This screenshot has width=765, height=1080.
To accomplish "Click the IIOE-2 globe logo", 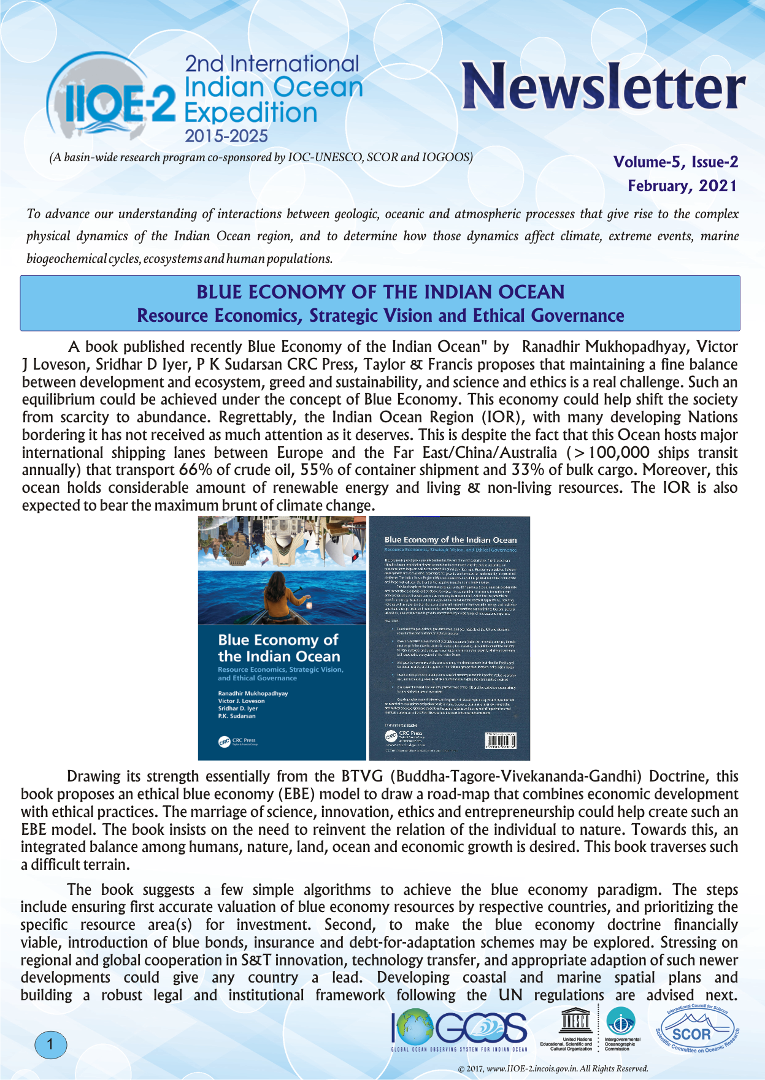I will (x=110, y=98).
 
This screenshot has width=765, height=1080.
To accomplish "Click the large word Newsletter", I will (x=603, y=87).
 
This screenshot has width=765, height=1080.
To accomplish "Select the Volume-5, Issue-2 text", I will (x=675, y=162).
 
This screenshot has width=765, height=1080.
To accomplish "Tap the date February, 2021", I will (x=682, y=186).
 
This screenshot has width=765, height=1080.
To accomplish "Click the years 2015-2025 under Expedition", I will (x=226, y=136).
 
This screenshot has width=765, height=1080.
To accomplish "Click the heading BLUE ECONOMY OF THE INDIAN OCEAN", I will (x=380, y=292).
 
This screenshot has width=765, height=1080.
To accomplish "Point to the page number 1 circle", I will (x=50, y=1045).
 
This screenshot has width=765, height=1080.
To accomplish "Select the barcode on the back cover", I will (x=500, y=741).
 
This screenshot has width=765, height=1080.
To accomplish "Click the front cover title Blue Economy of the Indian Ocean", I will (x=279, y=648).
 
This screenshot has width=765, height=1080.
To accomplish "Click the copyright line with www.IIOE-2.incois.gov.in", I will (x=553, y=1068).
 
